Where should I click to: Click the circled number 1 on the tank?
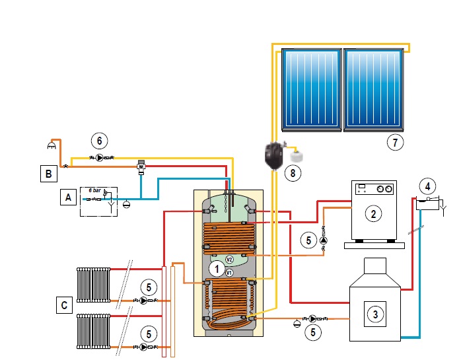(216, 268)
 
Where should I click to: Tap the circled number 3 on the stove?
(375, 314)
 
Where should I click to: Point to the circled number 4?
(427, 185)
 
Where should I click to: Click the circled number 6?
(99, 141)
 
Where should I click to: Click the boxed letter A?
(66, 196)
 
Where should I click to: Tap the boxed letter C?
(64, 305)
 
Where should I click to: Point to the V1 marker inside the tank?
(229, 272)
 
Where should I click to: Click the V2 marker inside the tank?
(229, 259)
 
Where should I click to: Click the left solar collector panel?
(310, 88)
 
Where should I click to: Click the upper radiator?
(93, 284)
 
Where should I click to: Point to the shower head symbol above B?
(52, 144)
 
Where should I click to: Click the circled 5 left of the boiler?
(308, 240)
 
